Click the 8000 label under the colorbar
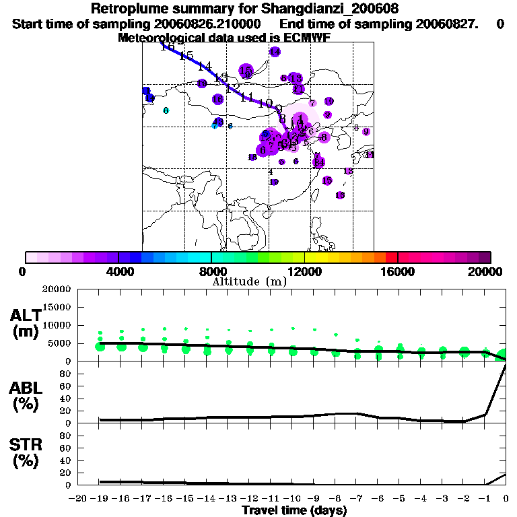pyautogui.click(x=211, y=271)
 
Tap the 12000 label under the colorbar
pyautogui.click(x=304, y=271)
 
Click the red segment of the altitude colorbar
pyautogui.click(x=391, y=257)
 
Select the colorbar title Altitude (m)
pyautogui.click(x=249, y=281)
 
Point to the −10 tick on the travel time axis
pyautogui.click(x=293, y=499)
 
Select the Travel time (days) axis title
pyautogui.click(x=294, y=510)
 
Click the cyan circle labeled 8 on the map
pyautogui.click(x=165, y=110)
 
